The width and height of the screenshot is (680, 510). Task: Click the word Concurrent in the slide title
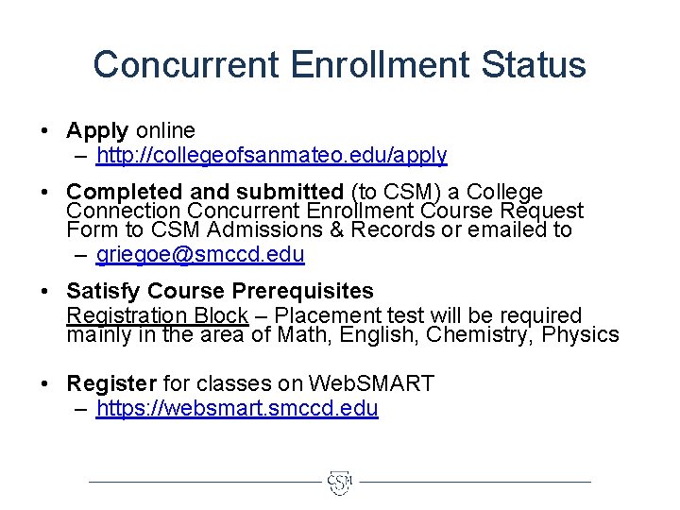(186, 65)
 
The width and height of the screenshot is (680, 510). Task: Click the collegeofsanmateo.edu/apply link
(271, 155)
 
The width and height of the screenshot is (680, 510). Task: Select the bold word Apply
(97, 130)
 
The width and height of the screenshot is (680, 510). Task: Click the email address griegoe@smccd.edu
(200, 254)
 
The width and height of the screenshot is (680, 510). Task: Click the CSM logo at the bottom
(340, 483)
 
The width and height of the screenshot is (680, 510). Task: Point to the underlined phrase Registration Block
(157, 315)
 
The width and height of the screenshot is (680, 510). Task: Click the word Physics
(581, 335)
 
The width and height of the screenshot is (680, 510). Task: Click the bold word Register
(111, 384)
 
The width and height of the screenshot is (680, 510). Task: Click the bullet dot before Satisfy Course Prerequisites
(45, 292)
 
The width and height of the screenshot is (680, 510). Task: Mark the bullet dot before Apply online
(45, 131)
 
